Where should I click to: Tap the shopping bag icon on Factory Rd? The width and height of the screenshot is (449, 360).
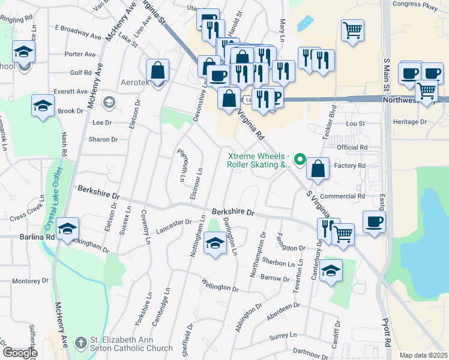(318, 169)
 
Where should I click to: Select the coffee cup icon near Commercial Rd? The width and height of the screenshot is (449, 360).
(374, 222)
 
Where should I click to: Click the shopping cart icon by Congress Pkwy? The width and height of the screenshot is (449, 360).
(352, 29)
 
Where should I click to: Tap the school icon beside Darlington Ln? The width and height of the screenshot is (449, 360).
(215, 242)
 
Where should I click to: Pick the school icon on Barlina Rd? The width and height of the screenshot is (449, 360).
(67, 229)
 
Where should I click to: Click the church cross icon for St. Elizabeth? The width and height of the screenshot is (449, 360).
(80, 344)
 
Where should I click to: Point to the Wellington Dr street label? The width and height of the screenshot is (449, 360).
(220, 285)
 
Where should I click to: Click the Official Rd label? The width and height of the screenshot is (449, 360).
(352, 147)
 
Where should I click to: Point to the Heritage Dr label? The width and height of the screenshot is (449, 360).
(409, 122)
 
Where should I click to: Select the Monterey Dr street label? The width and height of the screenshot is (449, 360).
(34, 281)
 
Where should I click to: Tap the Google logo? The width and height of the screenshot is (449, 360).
(19, 352)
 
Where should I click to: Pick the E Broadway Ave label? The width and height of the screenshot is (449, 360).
(78, 32)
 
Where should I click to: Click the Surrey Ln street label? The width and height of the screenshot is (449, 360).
(285, 334)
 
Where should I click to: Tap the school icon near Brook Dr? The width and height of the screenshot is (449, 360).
(43, 106)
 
